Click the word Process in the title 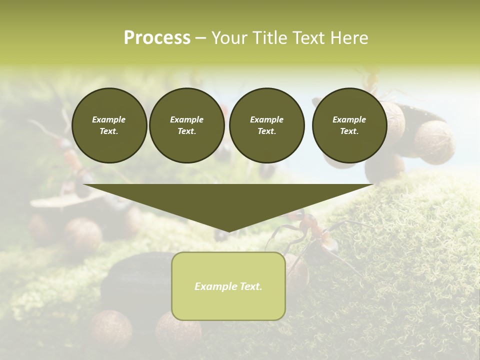coord(157,38)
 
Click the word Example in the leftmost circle coord(109,119)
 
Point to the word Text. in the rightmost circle coord(349,131)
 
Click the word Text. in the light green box coord(251,286)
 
